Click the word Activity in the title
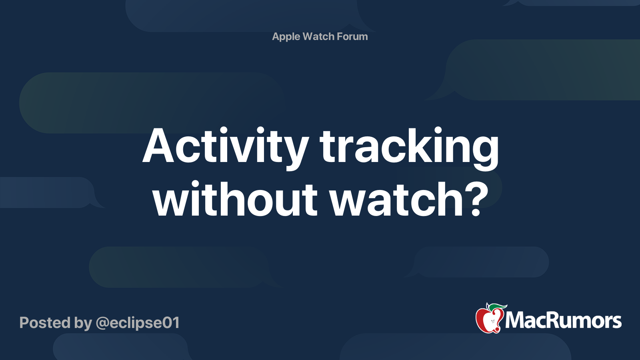pyautogui.click(x=225, y=146)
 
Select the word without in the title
pyautogui.click(x=235, y=199)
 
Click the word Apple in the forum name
pyautogui.click(x=286, y=36)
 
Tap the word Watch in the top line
pyautogui.click(x=318, y=36)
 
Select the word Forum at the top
pyautogui.click(x=352, y=36)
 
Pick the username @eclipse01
pyautogui.click(x=138, y=323)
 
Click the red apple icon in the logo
pyautogui.click(x=488, y=320)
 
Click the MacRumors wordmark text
pyautogui.click(x=563, y=320)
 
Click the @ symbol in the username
pyautogui.click(x=102, y=323)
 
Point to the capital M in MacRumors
pyautogui.click(x=515, y=320)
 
